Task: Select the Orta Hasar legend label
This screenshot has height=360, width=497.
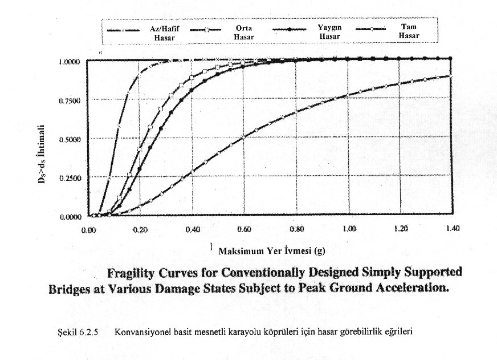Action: click(x=243, y=33)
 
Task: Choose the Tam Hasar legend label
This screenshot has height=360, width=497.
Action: click(x=409, y=31)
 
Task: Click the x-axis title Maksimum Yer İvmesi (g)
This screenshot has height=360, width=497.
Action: click(x=271, y=250)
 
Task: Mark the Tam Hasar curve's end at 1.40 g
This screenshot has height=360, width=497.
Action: click(x=450, y=76)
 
